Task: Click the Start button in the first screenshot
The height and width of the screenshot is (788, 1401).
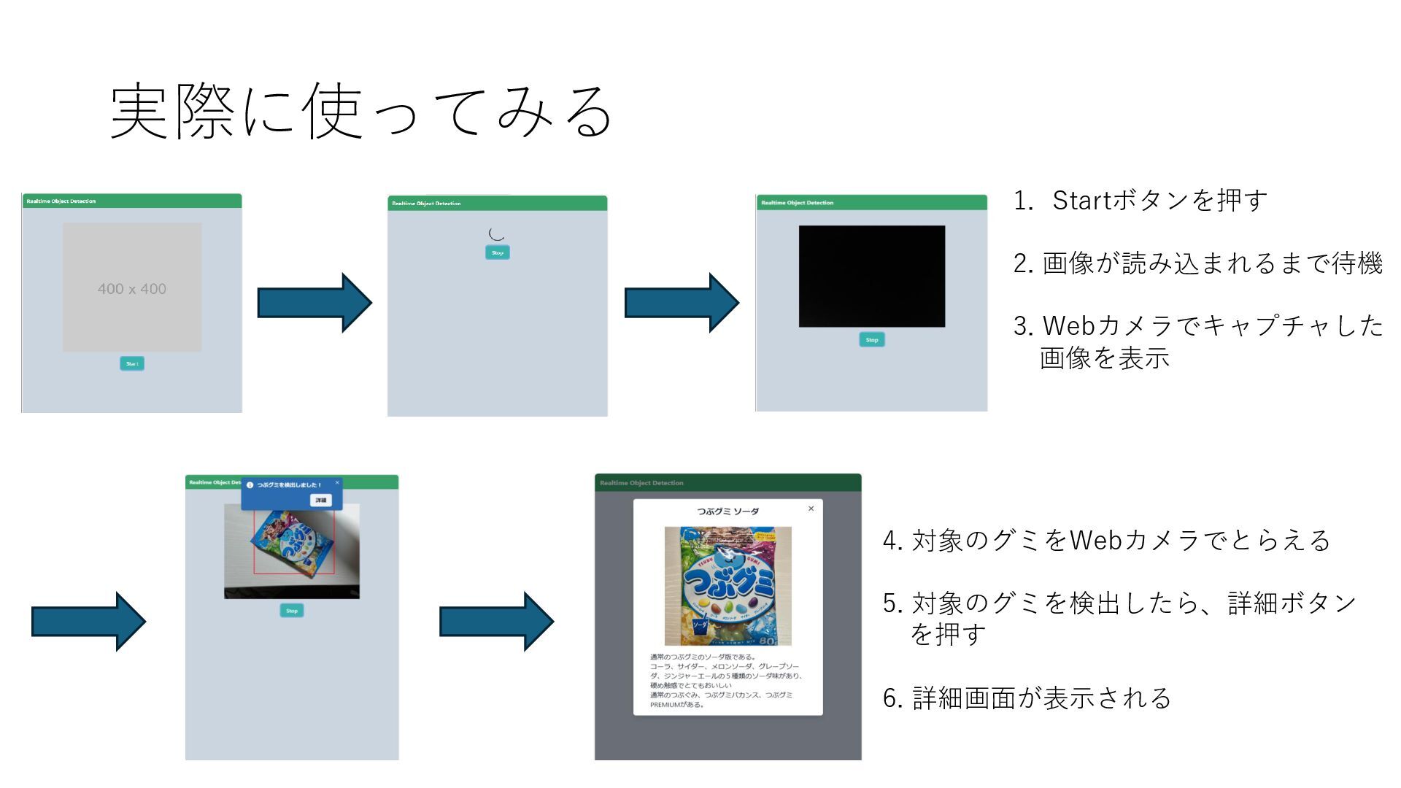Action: point(132,363)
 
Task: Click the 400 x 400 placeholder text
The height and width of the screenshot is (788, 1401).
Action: point(132,289)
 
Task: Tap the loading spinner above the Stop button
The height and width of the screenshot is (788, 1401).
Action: point(497,233)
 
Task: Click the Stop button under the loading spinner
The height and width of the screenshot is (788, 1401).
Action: point(498,252)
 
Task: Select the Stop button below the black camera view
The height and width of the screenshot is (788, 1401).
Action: point(872,340)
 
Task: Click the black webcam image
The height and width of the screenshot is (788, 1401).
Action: point(872,276)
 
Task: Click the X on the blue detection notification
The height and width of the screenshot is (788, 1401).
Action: point(337,482)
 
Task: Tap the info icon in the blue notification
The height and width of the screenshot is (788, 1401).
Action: point(250,485)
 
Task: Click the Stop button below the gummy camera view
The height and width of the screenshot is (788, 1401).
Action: point(292,611)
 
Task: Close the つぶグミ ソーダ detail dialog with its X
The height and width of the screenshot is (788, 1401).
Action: point(811,509)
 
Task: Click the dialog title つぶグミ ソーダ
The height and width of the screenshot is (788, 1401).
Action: point(727,511)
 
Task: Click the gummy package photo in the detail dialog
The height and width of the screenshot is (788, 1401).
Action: point(727,586)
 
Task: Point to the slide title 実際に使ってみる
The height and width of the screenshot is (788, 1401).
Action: point(361,112)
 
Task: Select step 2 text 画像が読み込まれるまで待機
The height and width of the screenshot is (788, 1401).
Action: point(1212,263)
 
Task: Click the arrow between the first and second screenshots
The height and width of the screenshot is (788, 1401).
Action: point(314,303)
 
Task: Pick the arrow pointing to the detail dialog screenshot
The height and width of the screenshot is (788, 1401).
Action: point(496,622)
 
